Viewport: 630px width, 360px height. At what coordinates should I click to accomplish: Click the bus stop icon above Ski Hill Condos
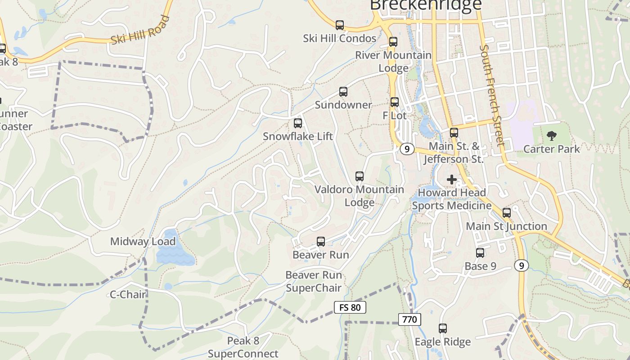[x=340, y=25]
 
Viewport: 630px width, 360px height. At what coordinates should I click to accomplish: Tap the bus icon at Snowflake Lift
[x=297, y=123]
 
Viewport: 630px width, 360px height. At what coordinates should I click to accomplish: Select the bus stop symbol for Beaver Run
[x=321, y=242]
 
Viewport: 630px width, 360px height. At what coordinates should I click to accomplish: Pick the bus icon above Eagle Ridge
[x=443, y=328]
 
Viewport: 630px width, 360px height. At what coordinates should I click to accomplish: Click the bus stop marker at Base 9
[x=480, y=253]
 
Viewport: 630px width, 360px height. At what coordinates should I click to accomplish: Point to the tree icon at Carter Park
[x=551, y=135]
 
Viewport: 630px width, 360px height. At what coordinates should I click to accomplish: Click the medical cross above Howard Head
[x=451, y=180]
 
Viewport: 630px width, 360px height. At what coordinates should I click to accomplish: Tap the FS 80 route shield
[x=350, y=308]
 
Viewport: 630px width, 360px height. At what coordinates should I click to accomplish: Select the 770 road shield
[x=409, y=319]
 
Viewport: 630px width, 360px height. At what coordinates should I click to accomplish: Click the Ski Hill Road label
[x=140, y=31]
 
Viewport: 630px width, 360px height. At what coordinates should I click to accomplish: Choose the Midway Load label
[x=143, y=242]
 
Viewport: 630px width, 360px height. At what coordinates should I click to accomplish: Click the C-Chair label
[x=128, y=295]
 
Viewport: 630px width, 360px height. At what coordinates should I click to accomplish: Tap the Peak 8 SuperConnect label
[x=243, y=347]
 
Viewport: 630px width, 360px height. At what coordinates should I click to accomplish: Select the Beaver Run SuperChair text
[x=314, y=281]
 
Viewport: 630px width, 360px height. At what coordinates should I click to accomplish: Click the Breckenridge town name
[x=426, y=4]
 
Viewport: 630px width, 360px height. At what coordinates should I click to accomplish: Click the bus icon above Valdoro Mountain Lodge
[x=359, y=176]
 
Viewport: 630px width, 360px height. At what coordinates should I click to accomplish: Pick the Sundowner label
[x=343, y=105]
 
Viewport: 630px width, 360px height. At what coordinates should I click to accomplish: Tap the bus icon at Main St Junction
[x=507, y=213]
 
